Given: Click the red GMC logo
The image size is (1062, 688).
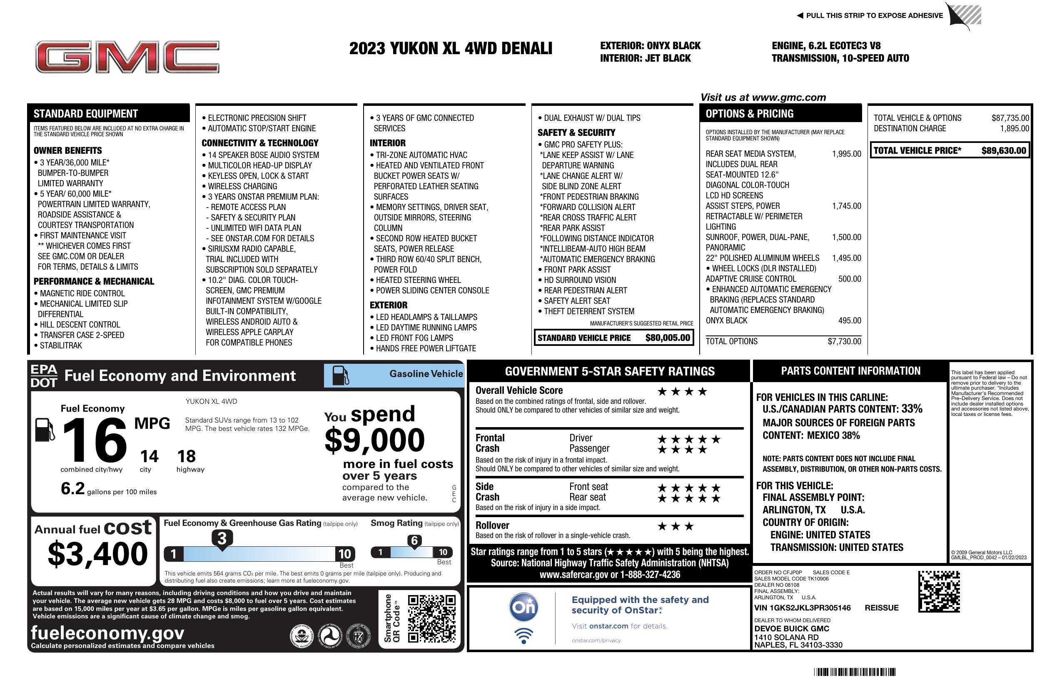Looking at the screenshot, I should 127,57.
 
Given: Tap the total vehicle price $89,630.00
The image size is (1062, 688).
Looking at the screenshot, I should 1004,150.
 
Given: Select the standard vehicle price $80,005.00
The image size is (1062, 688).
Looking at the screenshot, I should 668,338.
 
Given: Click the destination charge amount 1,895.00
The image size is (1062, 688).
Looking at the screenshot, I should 1014,129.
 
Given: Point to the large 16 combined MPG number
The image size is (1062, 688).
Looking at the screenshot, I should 95,440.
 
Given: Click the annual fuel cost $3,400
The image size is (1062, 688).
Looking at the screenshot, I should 97,554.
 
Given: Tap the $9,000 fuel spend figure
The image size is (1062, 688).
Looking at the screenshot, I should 374,440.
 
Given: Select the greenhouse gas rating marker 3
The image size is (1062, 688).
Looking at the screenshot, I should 222,538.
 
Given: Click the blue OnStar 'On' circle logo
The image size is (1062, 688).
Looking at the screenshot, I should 524,607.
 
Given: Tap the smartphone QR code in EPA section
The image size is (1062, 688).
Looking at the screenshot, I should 431,618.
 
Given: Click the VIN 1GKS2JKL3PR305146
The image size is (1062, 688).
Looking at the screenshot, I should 802,608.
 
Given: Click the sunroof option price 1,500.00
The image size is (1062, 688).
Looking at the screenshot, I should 846,237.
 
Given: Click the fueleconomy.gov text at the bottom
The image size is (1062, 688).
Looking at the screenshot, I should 107,633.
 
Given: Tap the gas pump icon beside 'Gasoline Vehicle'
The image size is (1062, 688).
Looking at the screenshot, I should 341,375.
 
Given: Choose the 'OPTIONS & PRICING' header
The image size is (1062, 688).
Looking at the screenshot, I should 749,114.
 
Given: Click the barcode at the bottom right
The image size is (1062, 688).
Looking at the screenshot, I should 854,672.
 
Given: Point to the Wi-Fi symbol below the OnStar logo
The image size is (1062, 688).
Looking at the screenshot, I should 524,635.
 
